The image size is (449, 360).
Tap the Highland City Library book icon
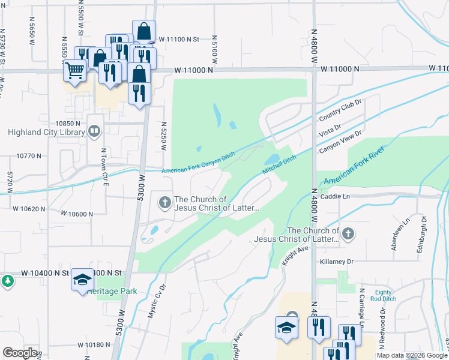94,131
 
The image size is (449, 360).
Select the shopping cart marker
75,70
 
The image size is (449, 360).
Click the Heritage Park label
112,291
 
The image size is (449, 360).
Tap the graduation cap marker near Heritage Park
82,280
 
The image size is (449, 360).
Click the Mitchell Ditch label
279,165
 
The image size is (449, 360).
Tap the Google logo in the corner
20,353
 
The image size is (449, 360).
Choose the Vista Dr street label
330,127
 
